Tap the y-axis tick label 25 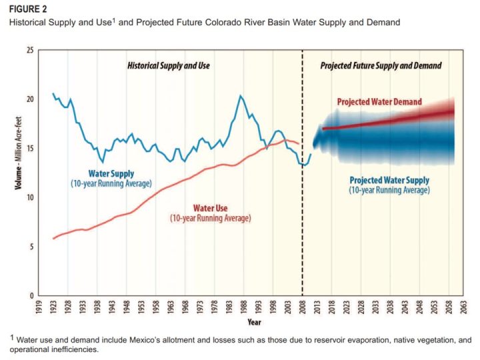[31, 50]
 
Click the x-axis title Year [255, 323]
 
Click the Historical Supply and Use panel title [169, 66]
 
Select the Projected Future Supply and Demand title [381, 66]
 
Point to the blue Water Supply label [111, 173]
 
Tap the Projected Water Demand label [379, 102]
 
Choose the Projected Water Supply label [389, 181]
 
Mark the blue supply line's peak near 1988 [241, 96]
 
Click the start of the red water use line [53, 239]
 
